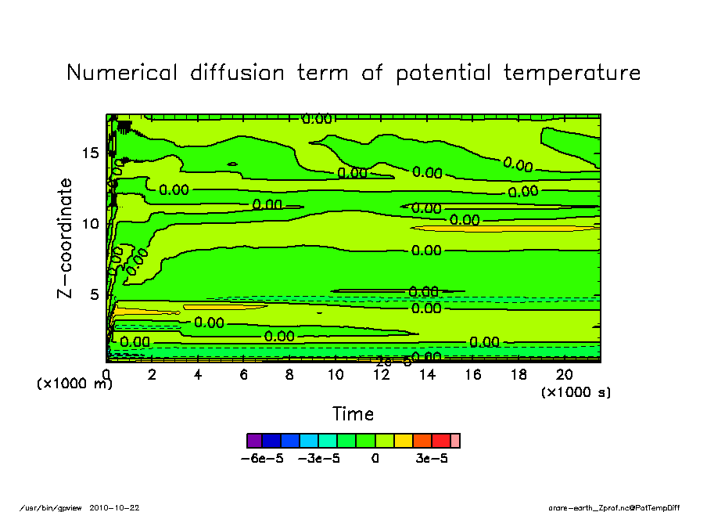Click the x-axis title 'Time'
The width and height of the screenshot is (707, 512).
click(353, 414)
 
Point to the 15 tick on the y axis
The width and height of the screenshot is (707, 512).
click(90, 153)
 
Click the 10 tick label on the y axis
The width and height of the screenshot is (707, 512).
click(90, 224)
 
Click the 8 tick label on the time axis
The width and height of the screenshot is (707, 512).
click(289, 375)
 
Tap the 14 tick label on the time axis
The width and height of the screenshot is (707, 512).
click(427, 375)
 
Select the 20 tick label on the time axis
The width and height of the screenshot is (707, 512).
click(565, 375)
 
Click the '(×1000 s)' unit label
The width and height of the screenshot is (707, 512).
click(576, 392)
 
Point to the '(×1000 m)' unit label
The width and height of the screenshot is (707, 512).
click(75, 384)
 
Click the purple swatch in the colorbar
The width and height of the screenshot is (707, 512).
click(253, 441)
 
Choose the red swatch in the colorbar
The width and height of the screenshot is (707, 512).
click(441, 441)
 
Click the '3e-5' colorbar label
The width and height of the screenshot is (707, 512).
click(431, 459)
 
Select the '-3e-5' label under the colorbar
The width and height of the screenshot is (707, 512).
click(319, 459)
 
